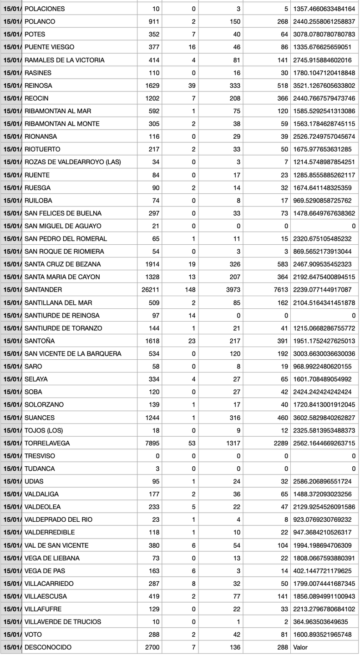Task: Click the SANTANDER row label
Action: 43,290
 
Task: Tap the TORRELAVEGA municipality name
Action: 47,443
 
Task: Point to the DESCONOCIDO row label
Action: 48,647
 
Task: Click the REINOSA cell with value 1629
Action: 152,86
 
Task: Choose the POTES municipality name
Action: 35,35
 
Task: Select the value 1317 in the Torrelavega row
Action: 233,443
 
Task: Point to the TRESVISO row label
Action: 39,456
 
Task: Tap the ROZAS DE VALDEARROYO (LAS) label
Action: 72,162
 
